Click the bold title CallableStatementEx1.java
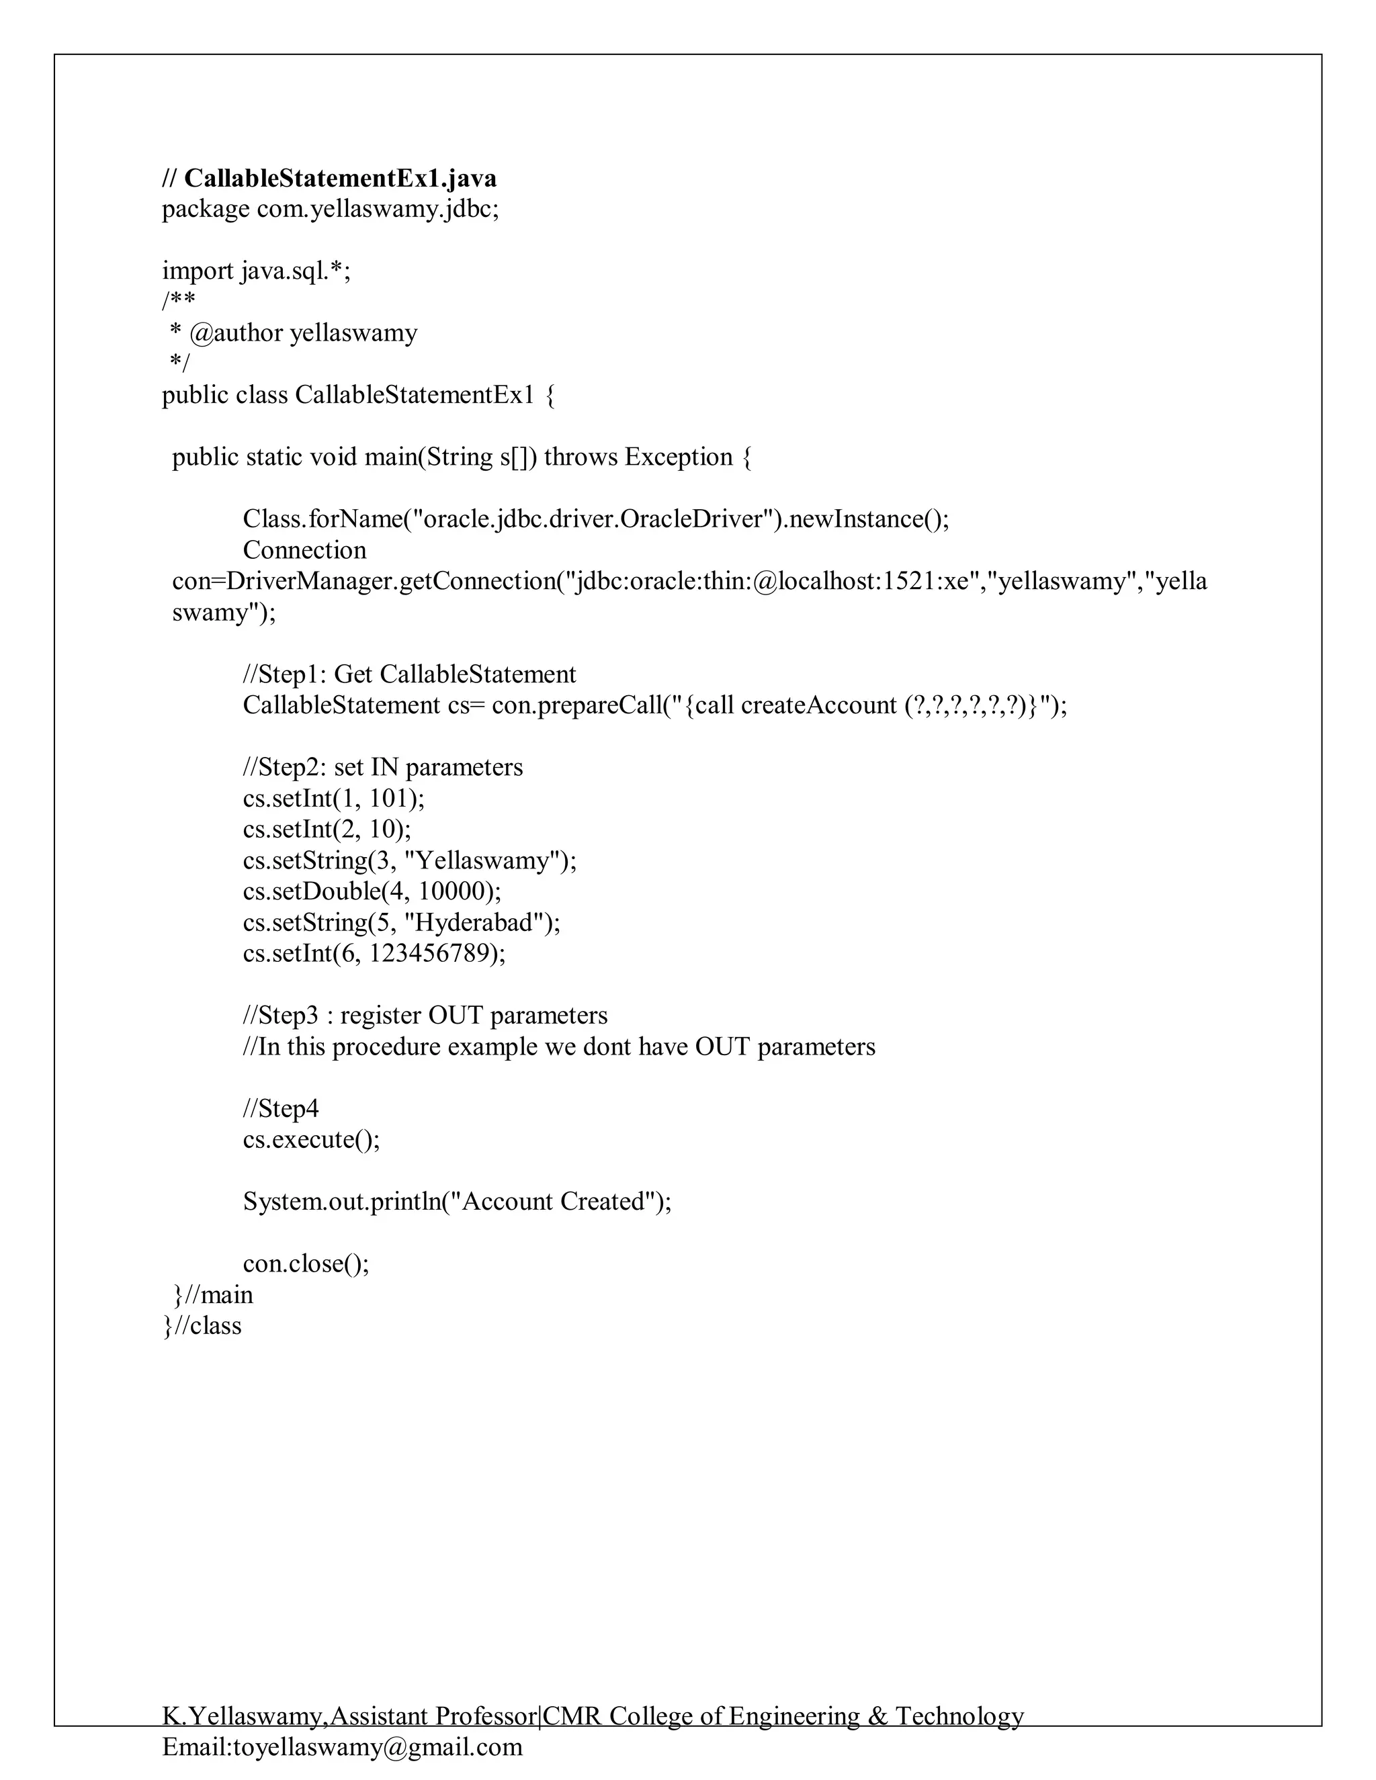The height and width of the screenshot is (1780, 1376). [x=340, y=178]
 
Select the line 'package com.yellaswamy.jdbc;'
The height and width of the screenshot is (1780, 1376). [x=330, y=210]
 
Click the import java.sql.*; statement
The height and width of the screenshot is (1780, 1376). [x=256, y=271]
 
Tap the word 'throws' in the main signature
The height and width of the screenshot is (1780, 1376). [x=580, y=457]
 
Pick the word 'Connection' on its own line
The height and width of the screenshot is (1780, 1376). [x=304, y=550]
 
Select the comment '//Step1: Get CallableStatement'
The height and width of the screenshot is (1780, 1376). [x=409, y=674]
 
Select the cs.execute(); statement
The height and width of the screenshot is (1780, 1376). [x=311, y=1139]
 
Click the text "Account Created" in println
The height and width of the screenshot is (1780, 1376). [x=554, y=1202]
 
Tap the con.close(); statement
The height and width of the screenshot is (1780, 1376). [x=306, y=1263]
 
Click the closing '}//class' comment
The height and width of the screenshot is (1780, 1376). [x=202, y=1325]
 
